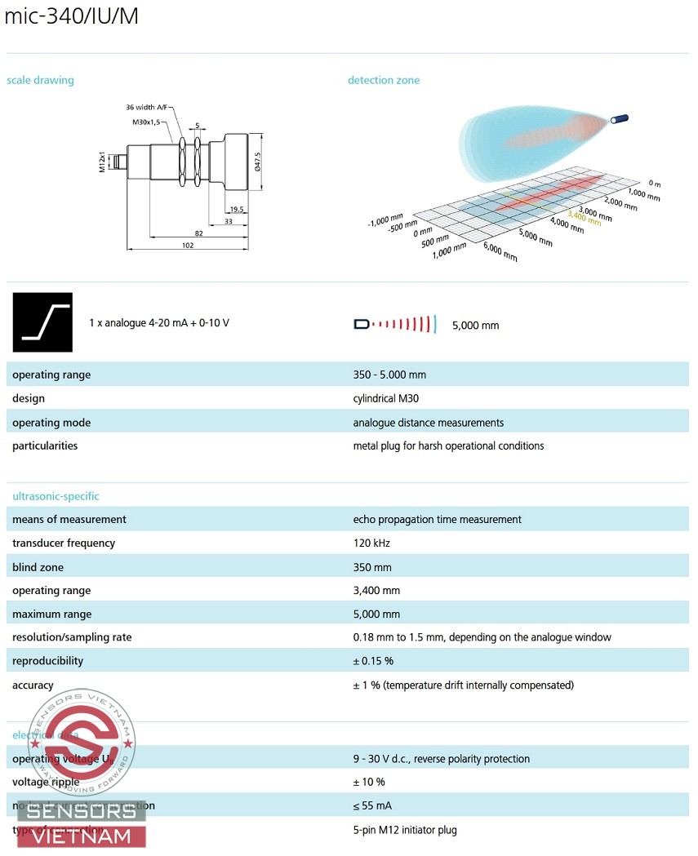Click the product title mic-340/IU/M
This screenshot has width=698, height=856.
coord(72,17)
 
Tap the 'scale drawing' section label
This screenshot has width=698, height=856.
coord(40,80)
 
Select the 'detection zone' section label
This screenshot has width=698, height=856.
coord(384,80)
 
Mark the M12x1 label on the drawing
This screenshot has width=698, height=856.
coord(103,161)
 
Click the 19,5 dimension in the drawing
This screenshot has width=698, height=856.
coord(237,210)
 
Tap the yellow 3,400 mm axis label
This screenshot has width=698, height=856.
coord(584,218)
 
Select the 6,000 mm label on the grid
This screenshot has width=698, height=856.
coord(500,252)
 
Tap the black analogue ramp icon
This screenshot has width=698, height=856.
coord(42,322)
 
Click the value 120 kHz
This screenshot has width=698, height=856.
coord(371,543)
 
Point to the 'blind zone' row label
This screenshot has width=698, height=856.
coord(38,567)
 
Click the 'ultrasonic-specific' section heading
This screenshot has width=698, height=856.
coord(56,496)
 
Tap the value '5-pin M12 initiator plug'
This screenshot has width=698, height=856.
coord(405,830)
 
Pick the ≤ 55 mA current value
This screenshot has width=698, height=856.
coord(372,806)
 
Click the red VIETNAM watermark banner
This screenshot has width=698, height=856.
coord(87,836)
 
